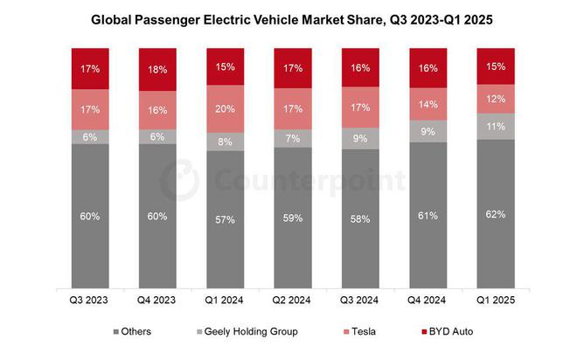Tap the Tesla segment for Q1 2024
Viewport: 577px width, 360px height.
(x=225, y=108)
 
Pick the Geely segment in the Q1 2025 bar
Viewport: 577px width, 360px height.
(x=497, y=126)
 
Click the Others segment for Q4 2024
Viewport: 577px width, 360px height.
(x=428, y=215)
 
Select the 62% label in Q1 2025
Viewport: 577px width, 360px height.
(x=497, y=212)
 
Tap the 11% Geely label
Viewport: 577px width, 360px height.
(x=497, y=126)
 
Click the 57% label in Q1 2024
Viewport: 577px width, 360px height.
(x=225, y=219)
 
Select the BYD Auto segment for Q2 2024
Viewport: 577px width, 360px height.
(x=293, y=68)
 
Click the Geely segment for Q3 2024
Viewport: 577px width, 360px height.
(x=361, y=137)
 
